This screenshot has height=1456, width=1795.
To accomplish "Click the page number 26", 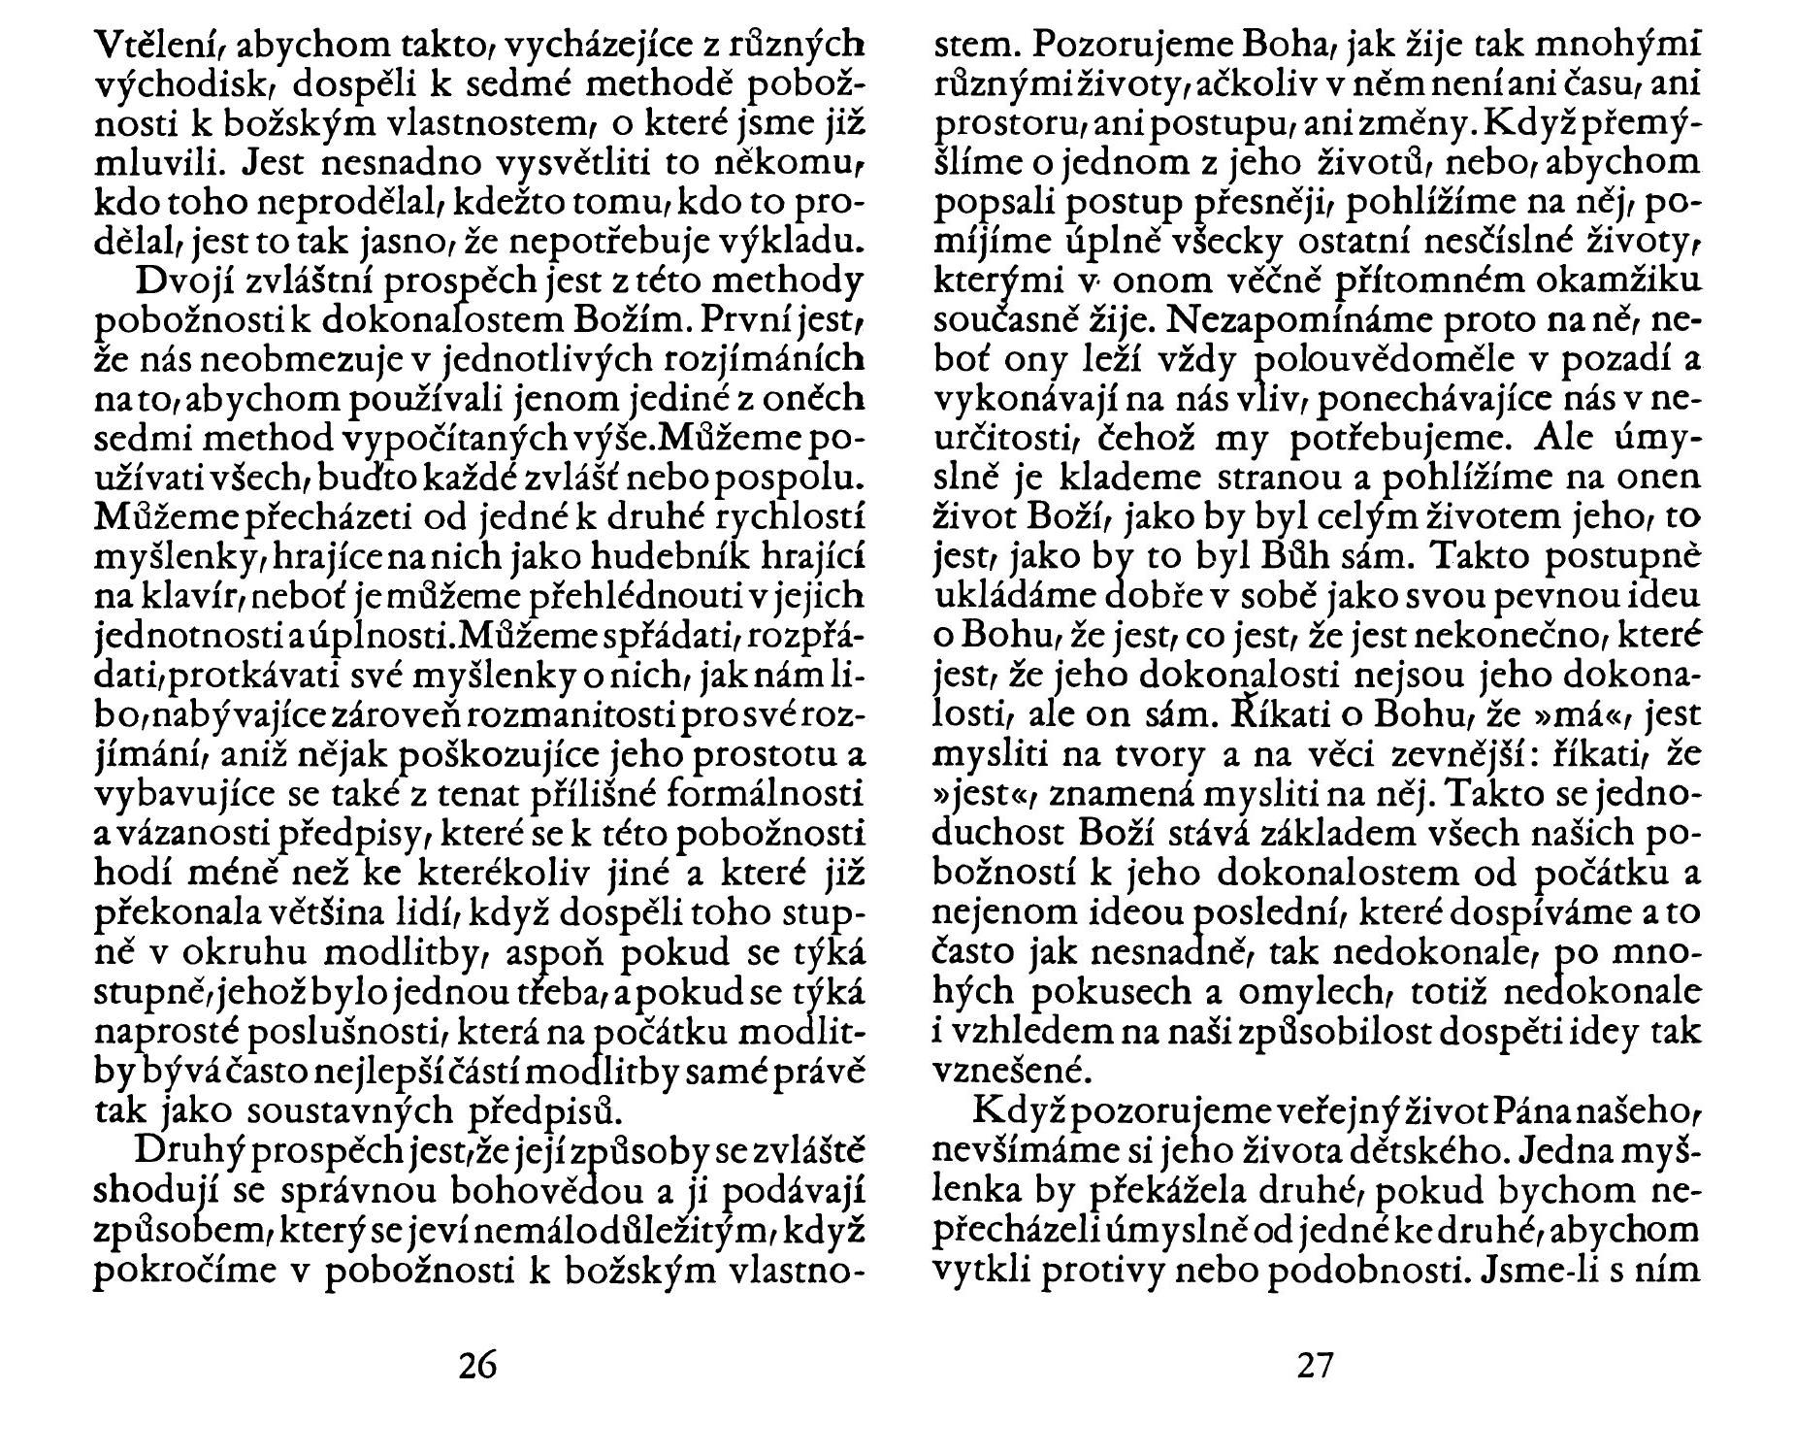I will pyautogui.click(x=477, y=1365).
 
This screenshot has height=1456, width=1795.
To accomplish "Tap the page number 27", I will pyautogui.click(x=1316, y=1365).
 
